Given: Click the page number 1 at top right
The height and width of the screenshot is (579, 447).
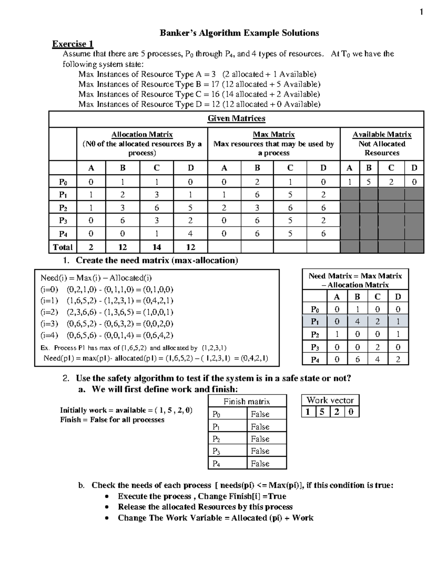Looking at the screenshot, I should click(421, 13).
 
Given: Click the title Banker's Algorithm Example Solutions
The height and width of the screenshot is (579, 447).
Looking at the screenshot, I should click(239, 33).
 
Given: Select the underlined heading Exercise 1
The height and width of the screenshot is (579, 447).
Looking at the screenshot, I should click(73, 44).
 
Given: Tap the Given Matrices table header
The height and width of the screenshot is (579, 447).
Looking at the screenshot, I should click(236, 119).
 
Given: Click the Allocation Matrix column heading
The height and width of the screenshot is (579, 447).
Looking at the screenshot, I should click(142, 135).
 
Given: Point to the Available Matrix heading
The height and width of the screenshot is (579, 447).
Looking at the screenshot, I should click(382, 135).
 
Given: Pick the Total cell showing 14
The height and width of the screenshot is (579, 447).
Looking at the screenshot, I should click(156, 247).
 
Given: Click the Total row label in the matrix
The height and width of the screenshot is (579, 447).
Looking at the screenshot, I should click(63, 247).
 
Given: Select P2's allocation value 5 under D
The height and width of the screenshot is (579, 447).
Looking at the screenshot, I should click(190, 208).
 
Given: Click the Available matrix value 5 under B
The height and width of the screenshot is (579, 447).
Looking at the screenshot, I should click(369, 182).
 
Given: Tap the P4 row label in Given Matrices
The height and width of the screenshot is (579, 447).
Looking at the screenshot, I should click(63, 234).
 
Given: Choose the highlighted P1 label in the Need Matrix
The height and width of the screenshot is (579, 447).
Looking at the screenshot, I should click(315, 321).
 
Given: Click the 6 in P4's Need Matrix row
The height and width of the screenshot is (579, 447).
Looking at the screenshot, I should click(357, 359).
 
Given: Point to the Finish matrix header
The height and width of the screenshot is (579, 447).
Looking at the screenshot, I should click(247, 402).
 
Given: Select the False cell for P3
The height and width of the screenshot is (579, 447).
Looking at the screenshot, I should click(260, 451).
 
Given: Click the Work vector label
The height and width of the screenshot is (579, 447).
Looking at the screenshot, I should click(330, 400).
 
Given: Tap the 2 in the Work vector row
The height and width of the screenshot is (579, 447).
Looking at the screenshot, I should click(337, 412).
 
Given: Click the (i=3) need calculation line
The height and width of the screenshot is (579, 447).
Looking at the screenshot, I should click(107, 324).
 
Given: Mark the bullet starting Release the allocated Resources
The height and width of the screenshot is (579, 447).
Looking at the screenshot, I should click(205, 507).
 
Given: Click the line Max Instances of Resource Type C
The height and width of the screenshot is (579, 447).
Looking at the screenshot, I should click(199, 94).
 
